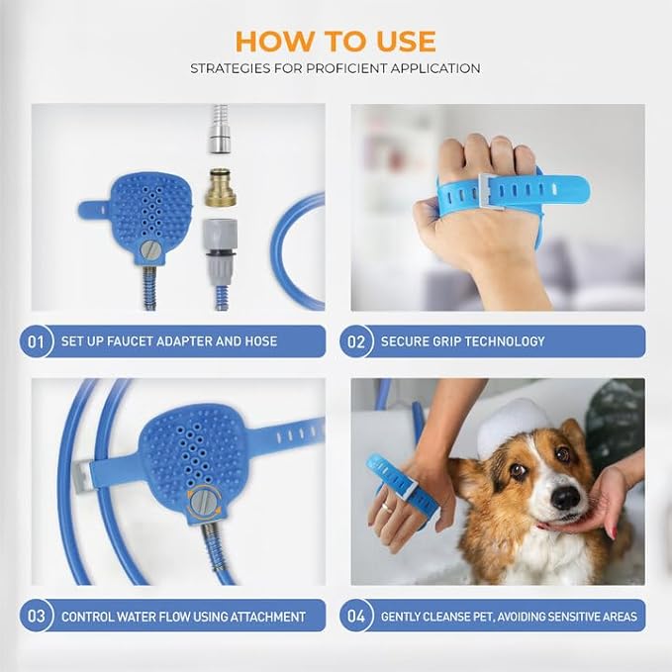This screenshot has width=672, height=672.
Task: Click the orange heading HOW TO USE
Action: tap(336, 42)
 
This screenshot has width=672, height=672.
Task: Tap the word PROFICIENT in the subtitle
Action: tap(345, 68)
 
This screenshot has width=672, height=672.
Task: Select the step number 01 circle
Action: tap(36, 341)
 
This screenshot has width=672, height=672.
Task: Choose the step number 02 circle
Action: tap(356, 341)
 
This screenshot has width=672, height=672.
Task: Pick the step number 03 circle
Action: tap(36, 616)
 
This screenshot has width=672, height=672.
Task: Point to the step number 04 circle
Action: tap(356, 616)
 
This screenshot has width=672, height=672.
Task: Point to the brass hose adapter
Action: tap(221, 188)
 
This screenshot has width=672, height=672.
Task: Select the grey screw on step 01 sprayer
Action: tap(150, 249)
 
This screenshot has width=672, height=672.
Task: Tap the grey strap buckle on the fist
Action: tap(491, 192)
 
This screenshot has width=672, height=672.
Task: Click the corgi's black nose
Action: tap(566, 498)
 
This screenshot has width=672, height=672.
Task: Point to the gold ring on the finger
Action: tap(386, 507)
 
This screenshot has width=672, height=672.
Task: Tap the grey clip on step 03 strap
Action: tap(82, 476)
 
